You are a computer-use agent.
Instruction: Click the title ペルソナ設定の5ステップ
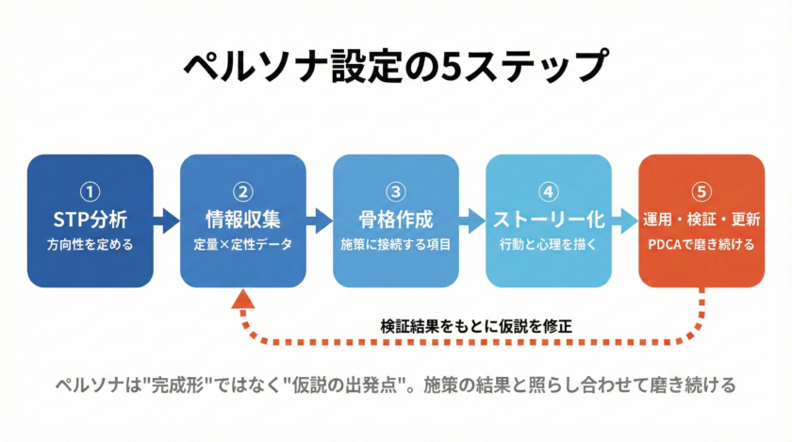(394, 67)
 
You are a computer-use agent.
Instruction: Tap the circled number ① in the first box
(91, 192)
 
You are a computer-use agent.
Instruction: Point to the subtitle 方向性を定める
(91, 246)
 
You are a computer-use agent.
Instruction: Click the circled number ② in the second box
(243, 192)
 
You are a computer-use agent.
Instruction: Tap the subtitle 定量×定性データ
(243, 246)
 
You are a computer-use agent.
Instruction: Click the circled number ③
(396, 192)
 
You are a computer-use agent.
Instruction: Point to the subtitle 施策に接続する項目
(396, 246)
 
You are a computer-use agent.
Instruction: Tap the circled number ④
(548, 192)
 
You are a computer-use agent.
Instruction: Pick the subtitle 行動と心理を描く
(548, 246)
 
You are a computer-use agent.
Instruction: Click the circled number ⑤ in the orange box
(701, 192)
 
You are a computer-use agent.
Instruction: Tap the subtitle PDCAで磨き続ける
(701, 246)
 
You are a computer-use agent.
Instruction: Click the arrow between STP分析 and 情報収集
(167, 221)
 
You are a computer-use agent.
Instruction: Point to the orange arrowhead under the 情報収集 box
(243, 301)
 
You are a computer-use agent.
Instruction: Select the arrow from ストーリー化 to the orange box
(624, 221)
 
